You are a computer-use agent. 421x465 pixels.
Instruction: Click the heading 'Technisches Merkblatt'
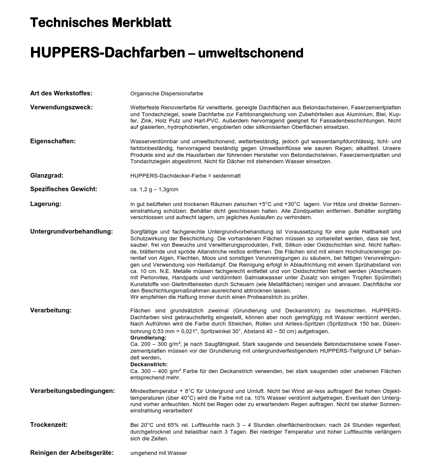[x=101, y=22]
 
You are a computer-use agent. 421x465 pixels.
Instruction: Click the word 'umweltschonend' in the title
[x=251, y=53]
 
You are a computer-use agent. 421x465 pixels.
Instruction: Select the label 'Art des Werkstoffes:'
[x=61, y=93]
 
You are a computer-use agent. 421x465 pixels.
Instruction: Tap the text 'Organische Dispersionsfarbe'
[x=163, y=94]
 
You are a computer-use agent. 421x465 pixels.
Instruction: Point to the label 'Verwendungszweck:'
[x=61, y=107]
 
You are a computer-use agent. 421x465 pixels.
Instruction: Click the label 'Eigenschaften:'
[x=53, y=141]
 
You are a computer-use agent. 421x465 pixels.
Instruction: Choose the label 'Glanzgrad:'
[x=47, y=175]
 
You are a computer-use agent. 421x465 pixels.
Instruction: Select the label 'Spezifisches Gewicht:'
[x=64, y=189]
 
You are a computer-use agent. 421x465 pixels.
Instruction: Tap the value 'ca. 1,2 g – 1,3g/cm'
[x=154, y=189]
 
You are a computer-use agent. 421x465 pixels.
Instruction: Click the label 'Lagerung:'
[x=45, y=203]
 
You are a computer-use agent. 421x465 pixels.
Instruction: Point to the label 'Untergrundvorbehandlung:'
[x=71, y=231]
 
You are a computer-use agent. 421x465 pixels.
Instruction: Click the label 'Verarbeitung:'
[x=51, y=310]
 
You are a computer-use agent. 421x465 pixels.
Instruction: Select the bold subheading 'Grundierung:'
[x=148, y=337]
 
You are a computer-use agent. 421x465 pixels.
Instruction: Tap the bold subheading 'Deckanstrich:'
[x=149, y=364]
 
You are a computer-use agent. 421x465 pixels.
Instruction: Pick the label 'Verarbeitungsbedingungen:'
[x=73, y=390]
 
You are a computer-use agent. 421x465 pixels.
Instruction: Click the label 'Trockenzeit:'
[x=49, y=425]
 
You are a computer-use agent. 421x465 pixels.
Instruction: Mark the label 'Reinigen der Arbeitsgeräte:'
[x=72, y=453]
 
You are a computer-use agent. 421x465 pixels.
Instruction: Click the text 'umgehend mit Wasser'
[x=158, y=453]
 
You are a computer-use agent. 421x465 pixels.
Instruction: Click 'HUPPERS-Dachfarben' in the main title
[x=107, y=53]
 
